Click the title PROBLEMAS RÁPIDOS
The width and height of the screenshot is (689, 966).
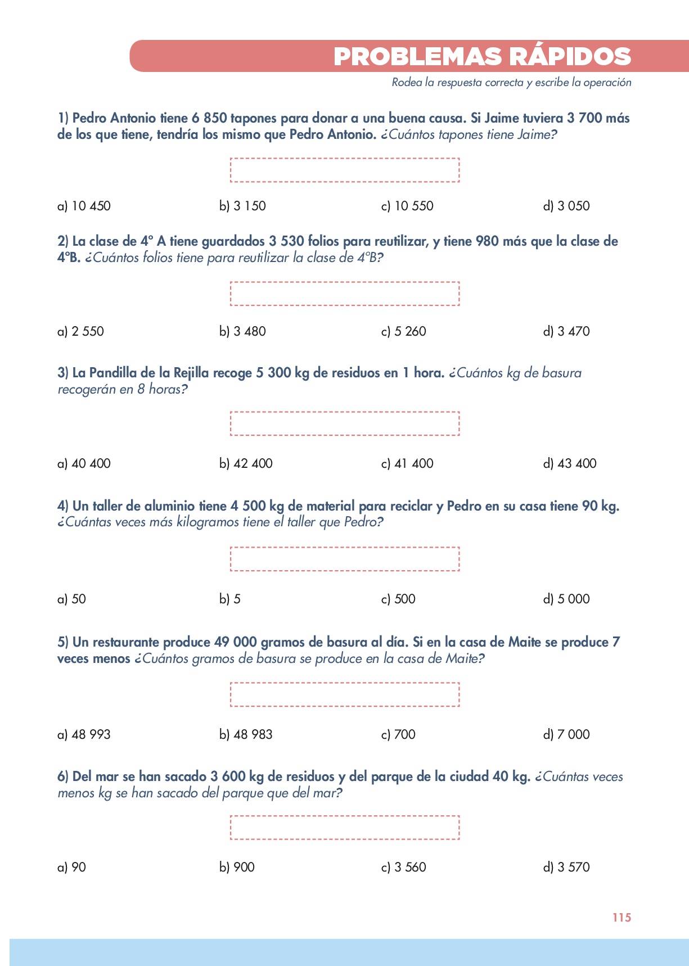point(482,57)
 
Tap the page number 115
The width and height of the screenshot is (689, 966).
point(622,918)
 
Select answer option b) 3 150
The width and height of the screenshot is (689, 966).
point(242,206)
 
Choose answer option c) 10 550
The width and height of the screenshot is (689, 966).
point(407,206)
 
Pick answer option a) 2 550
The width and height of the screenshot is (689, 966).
point(80,331)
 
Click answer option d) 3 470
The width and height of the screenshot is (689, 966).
point(566,331)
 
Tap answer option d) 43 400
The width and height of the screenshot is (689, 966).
point(570,463)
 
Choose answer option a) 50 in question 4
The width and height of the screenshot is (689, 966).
point(71,599)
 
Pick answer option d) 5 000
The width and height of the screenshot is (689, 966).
point(566,599)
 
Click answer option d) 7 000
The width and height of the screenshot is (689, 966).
point(566,734)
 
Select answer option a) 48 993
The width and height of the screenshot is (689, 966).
point(84,734)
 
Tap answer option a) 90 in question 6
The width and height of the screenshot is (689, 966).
point(71,867)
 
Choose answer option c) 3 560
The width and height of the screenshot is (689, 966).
point(403,867)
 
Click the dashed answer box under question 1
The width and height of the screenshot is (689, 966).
point(345,170)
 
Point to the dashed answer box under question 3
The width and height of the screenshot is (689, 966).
point(345,423)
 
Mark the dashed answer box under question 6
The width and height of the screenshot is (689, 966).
point(345,828)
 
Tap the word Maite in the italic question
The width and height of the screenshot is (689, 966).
point(463,658)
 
